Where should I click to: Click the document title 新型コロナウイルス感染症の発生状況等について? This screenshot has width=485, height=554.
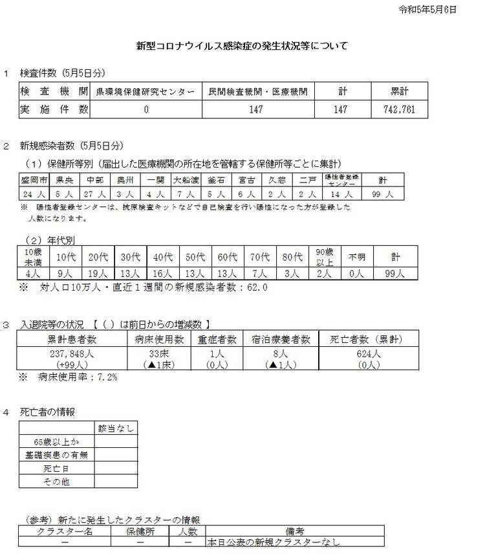pyautogui.click(x=242, y=46)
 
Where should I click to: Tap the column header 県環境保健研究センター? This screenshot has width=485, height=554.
pyautogui.click(x=145, y=92)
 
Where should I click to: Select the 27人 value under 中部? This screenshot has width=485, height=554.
pyautogui.click(x=96, y=193)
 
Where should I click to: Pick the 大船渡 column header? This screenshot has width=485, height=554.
pyautogui.click(x=186, y=179)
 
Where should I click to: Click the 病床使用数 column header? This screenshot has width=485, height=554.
pyautogui.click(x=159, y=338)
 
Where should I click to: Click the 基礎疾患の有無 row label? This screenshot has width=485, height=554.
pyautogui.click(x=57, y=455)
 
